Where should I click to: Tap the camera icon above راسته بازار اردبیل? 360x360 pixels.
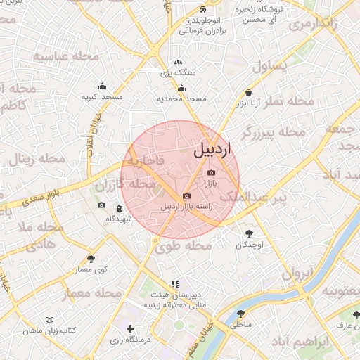coord(186,195)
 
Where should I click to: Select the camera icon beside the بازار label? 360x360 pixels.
coord(212,172)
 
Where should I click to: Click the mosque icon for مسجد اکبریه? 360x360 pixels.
coord(103,86)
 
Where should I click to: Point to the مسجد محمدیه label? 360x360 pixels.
coord(181,99)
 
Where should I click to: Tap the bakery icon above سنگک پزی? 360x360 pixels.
coord(178,62)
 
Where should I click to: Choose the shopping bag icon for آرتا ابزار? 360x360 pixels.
coord(249,92)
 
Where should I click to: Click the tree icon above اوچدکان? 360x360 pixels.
coord(249,233)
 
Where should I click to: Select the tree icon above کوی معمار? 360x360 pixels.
coord(91,259)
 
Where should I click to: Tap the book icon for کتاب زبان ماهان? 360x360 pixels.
coord(49,320)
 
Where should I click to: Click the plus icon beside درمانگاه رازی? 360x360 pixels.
coord(130,328)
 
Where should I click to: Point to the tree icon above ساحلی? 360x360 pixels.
coord(241,314)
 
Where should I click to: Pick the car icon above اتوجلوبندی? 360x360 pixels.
coord(202,10)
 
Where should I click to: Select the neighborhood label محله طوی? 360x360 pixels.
coord(184,246)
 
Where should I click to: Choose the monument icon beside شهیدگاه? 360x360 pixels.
coord(119,209)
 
